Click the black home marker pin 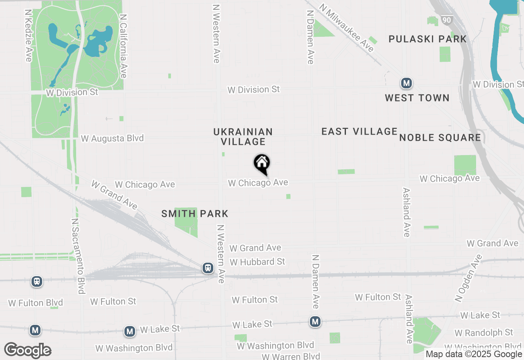(262, 164)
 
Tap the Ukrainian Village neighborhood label (243, 137)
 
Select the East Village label (359, 131)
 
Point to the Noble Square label (440, 137)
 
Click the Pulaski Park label (427, 39)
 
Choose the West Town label (417, 98)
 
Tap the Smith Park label (195, 214)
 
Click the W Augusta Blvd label (112, 138)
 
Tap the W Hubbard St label (257, 261)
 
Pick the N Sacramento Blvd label (78, 256)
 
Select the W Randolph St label (483, 332)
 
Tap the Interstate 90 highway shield (446, 20)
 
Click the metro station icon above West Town (406, 83)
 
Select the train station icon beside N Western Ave (208, 268)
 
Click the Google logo (28, 350)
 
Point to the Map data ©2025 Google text (474, 354)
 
